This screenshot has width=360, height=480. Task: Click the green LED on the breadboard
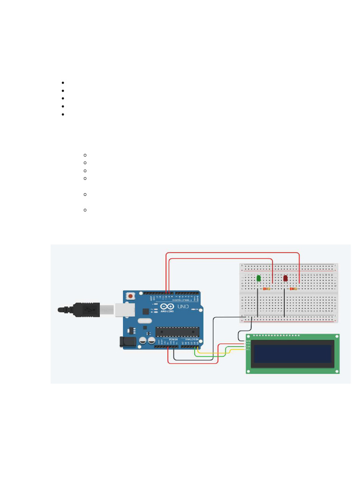(259, 279)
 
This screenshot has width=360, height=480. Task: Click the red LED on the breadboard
(285, 278)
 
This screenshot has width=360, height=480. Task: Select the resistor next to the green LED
(267, 289)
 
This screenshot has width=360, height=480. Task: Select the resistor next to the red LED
(293, 289)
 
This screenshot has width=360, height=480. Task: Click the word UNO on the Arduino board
(183, 307)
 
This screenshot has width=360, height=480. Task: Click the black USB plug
(84, 310)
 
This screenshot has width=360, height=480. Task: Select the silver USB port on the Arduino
(124, 309)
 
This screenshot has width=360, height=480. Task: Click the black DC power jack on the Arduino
(129, 342)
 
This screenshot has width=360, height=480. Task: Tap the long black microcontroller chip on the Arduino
(177, 331)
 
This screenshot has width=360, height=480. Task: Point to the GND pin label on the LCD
(248, 341)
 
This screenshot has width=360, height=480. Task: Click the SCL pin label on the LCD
(248, 350)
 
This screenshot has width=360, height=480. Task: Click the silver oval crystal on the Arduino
(145, 322)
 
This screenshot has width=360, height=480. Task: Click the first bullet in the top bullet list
(62, 83)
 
